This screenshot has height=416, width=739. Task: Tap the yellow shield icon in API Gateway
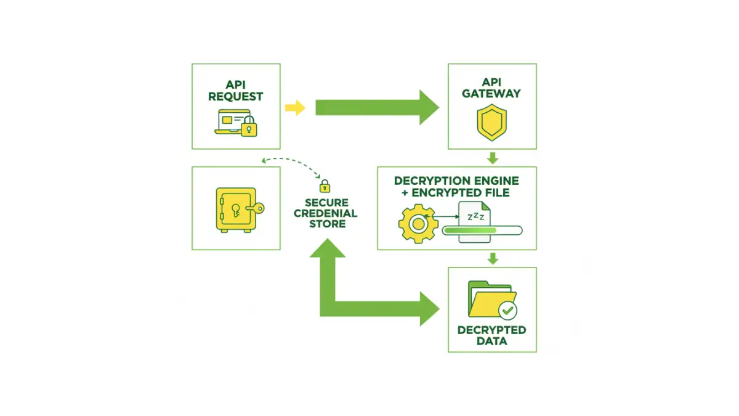(491, 123)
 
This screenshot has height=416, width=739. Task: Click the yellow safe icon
(235, 209)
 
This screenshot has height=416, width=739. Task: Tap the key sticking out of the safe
(256, 208)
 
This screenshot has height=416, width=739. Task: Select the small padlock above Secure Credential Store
(325, 186)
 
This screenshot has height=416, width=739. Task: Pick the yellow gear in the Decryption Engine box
(418, 224)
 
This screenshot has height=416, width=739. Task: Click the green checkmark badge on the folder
(508, 309)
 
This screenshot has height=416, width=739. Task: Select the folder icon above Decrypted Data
(489, 301)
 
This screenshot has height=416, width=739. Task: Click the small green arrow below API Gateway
(492, 158)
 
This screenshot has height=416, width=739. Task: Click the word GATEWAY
(491, 94)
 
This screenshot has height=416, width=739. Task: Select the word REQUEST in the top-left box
(235, 97)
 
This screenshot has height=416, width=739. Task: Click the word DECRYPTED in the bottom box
(491, 330)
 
